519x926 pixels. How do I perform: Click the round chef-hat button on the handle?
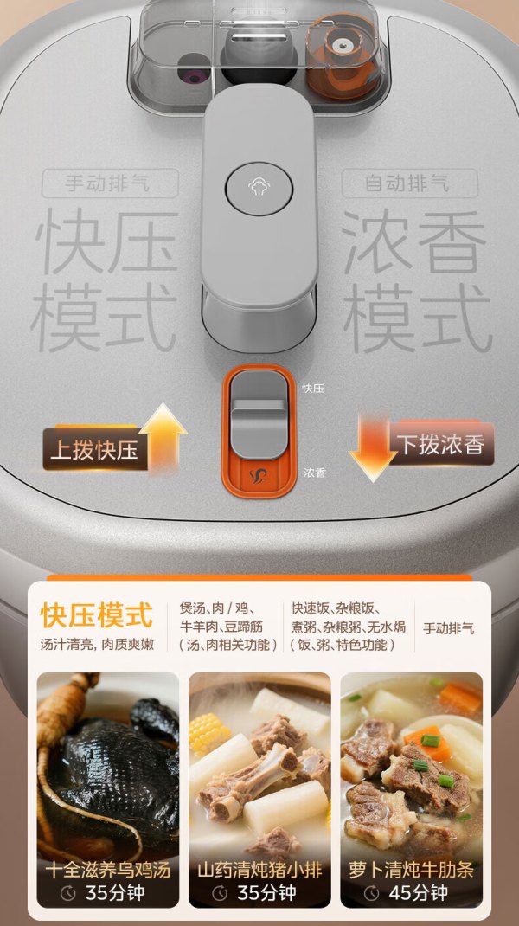tap(259, 189)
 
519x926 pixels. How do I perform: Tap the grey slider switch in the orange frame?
tap(258, 415)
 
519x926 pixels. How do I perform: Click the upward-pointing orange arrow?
tap(163, 438)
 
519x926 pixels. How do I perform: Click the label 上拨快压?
tap(94, 449)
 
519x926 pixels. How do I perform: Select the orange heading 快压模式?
tap(97, 615)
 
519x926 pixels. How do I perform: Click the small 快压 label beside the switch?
tap(313, 388)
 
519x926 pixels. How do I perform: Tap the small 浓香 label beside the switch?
tap(314, 473)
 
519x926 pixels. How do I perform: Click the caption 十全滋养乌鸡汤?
tap(108, 870)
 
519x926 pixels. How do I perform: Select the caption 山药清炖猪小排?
tap(259, 870)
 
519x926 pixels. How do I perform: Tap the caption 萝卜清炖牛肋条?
tap(412, 870)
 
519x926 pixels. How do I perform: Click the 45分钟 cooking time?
tap(419, 893)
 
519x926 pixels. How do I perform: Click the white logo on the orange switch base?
tap(258, 476)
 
